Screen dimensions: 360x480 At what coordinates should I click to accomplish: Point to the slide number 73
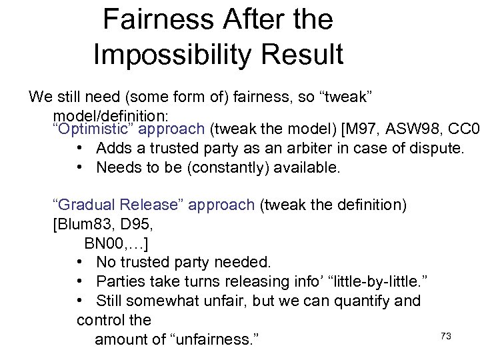(x=446, y=337)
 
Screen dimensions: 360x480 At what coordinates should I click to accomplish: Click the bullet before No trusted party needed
(x=80, y=261)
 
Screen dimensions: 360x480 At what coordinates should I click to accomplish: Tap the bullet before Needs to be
(x=80, y=167)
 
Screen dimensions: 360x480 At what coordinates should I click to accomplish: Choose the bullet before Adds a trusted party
(x=80, y=148)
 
